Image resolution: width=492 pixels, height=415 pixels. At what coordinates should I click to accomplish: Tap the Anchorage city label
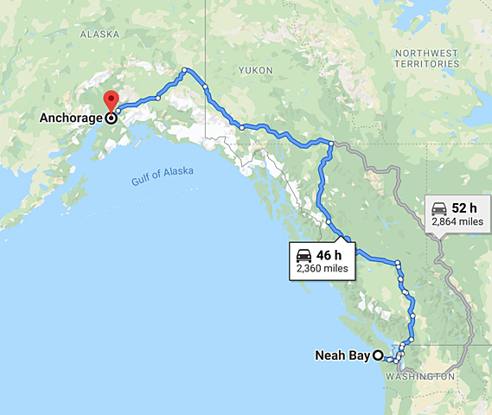pyautogui.click(x=69, y=118)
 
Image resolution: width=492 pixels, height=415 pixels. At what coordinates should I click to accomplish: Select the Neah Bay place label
pyautogui.click(x=342, y=354)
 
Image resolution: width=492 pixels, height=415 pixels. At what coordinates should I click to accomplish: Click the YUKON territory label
pyautogui.click(x=256, y=69)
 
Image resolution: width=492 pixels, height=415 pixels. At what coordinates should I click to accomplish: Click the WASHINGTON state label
pyautogui.click(x=421, y=377)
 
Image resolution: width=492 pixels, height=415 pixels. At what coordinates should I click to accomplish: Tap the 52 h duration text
pyautogui.click(x=463, y=208)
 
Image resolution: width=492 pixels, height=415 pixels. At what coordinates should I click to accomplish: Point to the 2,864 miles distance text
pyautogui.click(x=457, y=222)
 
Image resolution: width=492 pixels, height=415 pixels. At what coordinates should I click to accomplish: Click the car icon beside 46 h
pyautogui.click(x=304, y=255)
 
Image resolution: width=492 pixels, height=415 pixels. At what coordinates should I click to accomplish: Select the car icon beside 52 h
pyautogui.click(x=438, y=208)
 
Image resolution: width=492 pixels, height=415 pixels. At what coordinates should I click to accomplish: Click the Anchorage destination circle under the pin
pyautogui.click(x=111, y=118)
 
